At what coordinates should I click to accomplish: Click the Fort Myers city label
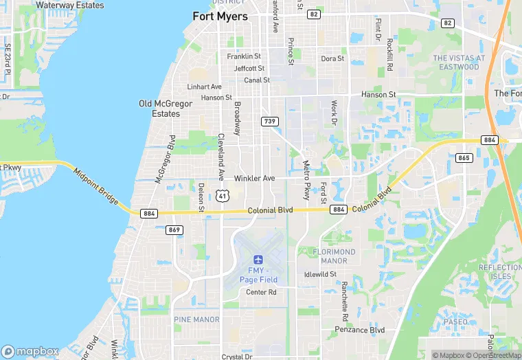point(220,16)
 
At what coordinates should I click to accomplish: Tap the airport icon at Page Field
point(258,260)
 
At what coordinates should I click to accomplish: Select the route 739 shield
point(269,121)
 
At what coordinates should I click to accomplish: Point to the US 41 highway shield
point(221,196)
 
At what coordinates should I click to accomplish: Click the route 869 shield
point(174,229)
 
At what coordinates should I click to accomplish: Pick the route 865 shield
point(464,158)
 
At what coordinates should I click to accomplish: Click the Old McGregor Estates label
point(159,109)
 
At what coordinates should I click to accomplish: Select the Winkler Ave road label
point(254,178)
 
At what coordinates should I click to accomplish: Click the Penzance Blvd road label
point(359,330)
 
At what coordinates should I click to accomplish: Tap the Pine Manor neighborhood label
point(196,319)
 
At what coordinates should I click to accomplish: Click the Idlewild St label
point(320,274)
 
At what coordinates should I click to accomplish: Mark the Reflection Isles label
point(500,271)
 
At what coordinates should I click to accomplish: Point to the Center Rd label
point(261,292)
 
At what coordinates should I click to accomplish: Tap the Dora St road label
point(332,58)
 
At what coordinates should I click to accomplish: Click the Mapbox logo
point(30,351)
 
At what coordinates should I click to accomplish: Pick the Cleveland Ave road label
point(221,157)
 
